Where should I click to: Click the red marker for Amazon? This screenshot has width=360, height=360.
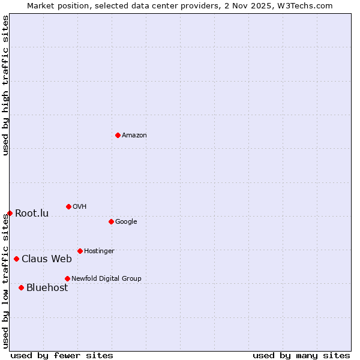(x=118, y=135)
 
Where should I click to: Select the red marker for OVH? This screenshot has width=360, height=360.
(x=68, y=206)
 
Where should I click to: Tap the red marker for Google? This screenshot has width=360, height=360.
(x=111, y=221)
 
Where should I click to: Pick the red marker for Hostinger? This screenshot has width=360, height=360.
(x=80, y=251)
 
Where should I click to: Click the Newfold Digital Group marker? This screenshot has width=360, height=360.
(x=67, y=278)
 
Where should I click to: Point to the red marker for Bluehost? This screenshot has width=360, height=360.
(x=21, y=287)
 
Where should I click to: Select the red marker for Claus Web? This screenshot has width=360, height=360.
(x=16, y=259)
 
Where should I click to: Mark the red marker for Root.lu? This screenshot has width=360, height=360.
(x=10, y=213)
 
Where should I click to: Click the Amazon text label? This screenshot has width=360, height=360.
(x=134, y=136)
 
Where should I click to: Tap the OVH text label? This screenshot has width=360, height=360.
(x=80, y=207)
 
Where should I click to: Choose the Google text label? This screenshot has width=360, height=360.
(x=126, y=222)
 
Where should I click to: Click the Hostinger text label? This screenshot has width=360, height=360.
(x=99, y=251)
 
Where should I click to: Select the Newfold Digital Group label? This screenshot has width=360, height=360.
(x=106, y=279)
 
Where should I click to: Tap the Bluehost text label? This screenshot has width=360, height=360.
(x=47, y=288)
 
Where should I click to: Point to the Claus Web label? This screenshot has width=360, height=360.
(x=47, y=259)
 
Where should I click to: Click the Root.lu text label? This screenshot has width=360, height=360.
(x=32, y=214)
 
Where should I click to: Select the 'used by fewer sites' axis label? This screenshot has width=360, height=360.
(x=62, y=355)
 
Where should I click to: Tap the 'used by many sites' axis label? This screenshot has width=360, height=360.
(x=301, y=355)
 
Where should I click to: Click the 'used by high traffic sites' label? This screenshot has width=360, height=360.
(x=5, y=85)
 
